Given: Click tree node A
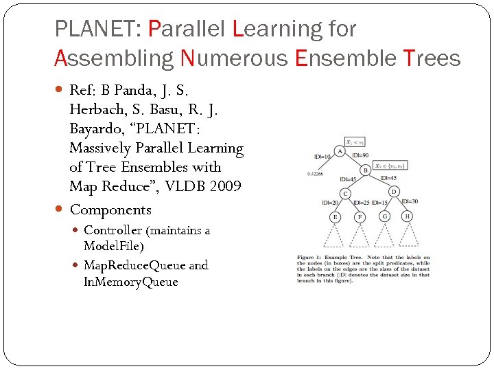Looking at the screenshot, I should point(339,150).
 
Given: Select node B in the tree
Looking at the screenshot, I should point(366,170).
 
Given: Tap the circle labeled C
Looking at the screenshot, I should point(345,193).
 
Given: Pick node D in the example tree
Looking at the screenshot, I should point(394,192).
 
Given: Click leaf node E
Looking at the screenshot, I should point(334,216).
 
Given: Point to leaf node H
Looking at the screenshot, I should point(408,216).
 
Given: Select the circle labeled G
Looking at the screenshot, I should point(384,216).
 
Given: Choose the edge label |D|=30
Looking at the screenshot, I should point(410,201).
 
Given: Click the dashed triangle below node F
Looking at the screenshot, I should point(360,236).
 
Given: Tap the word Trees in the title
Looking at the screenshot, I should point(432,58).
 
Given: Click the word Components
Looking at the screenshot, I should point(110,210).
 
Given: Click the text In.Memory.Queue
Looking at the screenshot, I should point(130,282).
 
